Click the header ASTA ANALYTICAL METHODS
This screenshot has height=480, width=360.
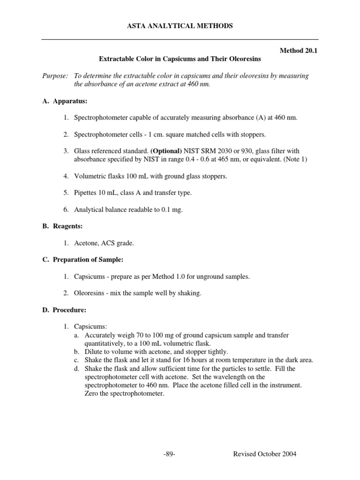[180, 26]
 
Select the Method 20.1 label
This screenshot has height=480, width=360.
[298, 51]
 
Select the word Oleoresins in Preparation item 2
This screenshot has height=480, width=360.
[90, 293]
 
